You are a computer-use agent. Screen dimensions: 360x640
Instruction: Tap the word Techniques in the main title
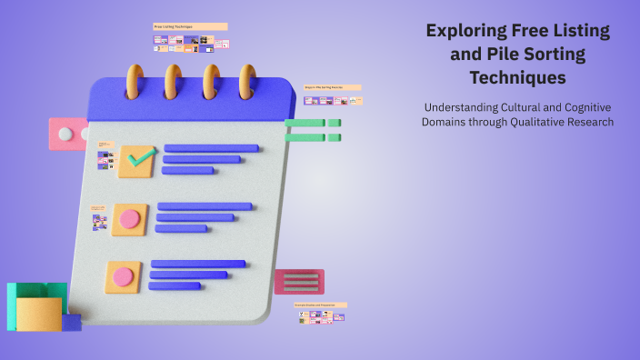click(x=518, y=77)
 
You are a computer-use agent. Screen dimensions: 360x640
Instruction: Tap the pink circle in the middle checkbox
click(x=130, y=218)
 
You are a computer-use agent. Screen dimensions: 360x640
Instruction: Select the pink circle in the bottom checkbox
click(x=123, y=276)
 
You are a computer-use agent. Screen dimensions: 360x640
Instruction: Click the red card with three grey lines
click(x=299, y=282)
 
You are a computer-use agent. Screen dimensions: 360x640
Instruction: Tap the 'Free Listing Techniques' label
click(x=190, y=27)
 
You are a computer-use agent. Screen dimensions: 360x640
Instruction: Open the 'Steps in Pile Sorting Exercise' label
click(x=332, y=87)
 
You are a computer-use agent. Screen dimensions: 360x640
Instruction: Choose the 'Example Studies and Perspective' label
click(x=320, y=305)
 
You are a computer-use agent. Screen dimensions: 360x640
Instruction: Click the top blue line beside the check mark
click(x=211, y=148)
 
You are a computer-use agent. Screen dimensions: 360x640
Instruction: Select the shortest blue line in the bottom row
click(x=175, y=285)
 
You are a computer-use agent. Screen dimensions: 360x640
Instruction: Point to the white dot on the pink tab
click(x=65, y=134)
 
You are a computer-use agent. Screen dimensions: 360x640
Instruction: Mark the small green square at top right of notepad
click(x=335, y=123)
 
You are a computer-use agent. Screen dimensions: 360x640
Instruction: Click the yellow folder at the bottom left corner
click(x=38, y=314)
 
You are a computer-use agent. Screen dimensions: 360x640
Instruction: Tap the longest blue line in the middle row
click(x=205, y=206)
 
